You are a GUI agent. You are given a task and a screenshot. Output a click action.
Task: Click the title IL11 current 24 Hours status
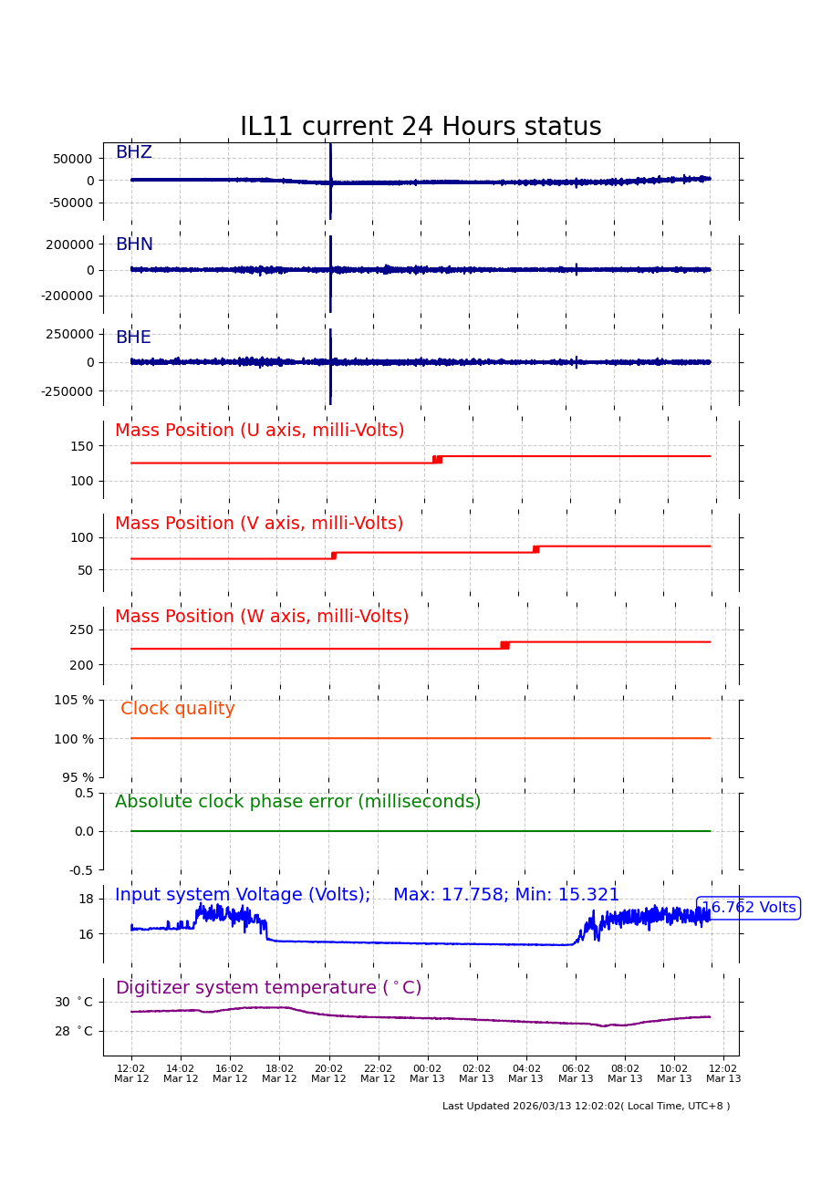pyautogui.click(x=421, y=127)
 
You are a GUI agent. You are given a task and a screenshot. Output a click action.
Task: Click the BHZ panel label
pyautogui.click(x=133, y=152)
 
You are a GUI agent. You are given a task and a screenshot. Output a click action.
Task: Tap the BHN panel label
pyautogui.click(x=134, y=244)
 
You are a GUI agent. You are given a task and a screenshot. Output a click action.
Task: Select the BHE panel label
pyautogui.click(x=133, y=338)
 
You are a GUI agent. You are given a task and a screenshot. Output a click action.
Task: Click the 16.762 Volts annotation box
pyautogui.click(x=748, y=908)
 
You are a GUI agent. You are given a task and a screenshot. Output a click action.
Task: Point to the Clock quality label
pyautogui.click(x=178, y=709)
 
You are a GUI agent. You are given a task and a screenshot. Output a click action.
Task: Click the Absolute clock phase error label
pyautogui.click(x=297, y=802)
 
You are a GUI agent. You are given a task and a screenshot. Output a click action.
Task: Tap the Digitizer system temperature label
pyautogui.click(x=268, y=988)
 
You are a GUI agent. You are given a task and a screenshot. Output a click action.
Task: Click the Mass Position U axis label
pyautogui.click(x=259, y=431)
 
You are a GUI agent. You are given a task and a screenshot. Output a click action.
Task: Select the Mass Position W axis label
pyautogui.click(x=262, y=617)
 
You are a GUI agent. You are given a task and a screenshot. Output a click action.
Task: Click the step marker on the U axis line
pyautogui.click(x=437, y=459)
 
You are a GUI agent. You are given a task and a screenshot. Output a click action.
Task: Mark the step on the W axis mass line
pyautogui.click(x=504, y=645)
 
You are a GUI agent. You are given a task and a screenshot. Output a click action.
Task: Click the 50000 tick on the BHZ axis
pyautogui.click(x=72, y=159)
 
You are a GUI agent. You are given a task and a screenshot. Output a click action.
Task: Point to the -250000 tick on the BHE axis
pyautogui.click(x=68, y=391)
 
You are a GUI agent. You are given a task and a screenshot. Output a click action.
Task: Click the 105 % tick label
pyautogui.click(x=73, y=700)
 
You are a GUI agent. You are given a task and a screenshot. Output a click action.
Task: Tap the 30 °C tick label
pyautogui.click(x=73, y=1002)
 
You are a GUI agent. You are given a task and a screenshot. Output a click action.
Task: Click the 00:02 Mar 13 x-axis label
pyautogui.click(x=427, y=1074)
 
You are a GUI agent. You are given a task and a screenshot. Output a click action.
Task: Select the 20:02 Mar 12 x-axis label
pyautogui.click(x=328, y=1074)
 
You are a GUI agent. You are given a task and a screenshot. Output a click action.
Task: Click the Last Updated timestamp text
pyautogui.click(x=586, y=1107)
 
